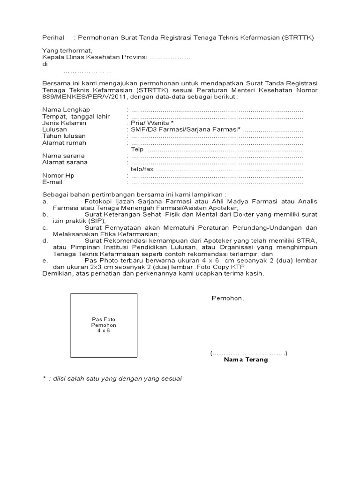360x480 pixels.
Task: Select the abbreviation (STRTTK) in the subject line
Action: [x=298, y=37]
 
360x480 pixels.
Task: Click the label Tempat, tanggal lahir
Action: [x=69, y=116]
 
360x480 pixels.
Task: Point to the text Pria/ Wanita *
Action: [x=149, y=123]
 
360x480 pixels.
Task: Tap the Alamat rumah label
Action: [x=64, y=142]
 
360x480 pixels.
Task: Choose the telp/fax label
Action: [x=142, y=169]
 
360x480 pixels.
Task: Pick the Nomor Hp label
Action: [x=58, y=175]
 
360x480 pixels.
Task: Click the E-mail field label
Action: [x=52, y=182]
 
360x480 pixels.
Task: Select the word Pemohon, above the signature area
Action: [x=228, y=298]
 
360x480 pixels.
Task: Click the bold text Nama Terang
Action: [x=246, y=360]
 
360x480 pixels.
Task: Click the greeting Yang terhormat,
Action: [x=67, y=51]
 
